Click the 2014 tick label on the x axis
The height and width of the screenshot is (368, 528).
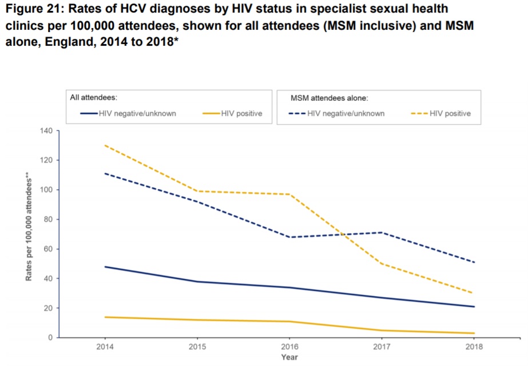(104, 347)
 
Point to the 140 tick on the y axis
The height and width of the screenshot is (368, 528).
(47, 131)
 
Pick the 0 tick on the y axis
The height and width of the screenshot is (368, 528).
(50, 338)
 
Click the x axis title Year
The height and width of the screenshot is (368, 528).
(289, 357)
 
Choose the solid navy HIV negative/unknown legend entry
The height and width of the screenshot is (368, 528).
(128, 114)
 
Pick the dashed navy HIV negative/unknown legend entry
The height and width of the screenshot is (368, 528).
(337, 114)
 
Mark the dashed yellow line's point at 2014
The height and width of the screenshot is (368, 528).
(104, 145)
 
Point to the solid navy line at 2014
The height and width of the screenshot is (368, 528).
(104, 267)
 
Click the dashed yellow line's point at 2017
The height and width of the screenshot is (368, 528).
(382, 264)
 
